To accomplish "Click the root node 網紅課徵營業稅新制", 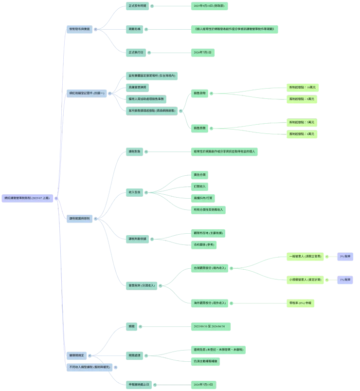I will (29, 198).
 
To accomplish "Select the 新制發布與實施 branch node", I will (80, 29).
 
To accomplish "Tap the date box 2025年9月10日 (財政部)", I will (210, 6).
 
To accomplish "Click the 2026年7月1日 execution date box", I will (203, 52).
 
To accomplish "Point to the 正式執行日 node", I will (136, 52).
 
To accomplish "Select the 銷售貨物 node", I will (200, 93).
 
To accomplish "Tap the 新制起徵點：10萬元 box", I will (302, 87).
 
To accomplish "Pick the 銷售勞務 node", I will (200, 128).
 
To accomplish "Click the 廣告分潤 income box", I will (199, 174).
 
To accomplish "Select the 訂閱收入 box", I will (199, 186).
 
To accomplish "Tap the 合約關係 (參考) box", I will (204, 245).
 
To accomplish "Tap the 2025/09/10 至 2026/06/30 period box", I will (212, 326).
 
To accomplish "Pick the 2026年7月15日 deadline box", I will (204, 385).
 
